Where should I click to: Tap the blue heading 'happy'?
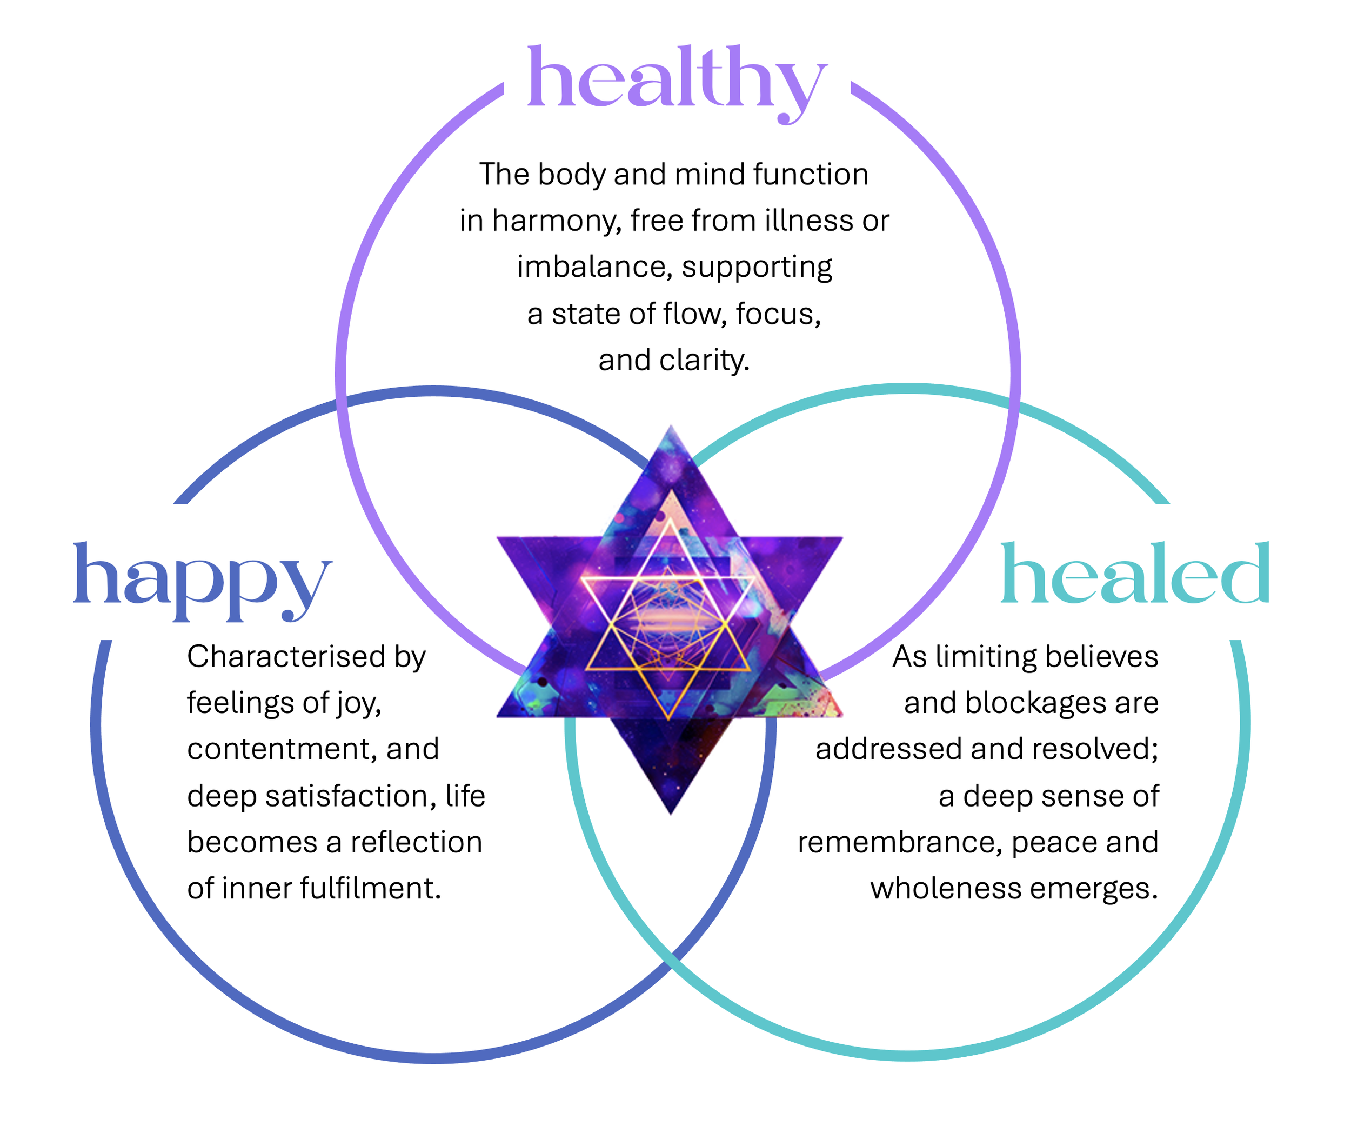[x=203, y=578]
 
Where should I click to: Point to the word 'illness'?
[x=810, y=221]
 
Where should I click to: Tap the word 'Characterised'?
[x=277, y=657]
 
